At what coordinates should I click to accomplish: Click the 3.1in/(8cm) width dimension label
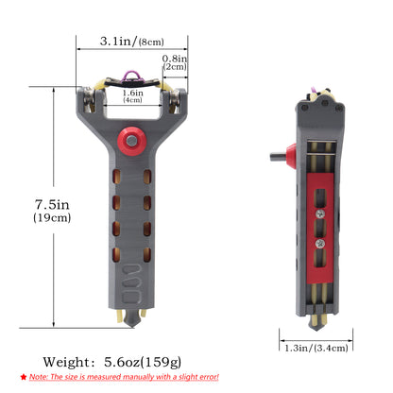(132, 42)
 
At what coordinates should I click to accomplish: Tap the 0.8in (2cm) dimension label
(175, 62)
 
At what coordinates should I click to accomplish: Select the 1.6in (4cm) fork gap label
(132, 96)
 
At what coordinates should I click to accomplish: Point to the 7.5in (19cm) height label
(52, 211)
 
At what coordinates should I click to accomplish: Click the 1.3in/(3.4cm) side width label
(316, 348)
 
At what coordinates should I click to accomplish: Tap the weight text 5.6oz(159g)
(143, 362)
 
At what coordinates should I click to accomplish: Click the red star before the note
(24, 377)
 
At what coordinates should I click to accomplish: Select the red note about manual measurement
(124, 377)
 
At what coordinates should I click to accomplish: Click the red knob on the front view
(132, 141)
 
